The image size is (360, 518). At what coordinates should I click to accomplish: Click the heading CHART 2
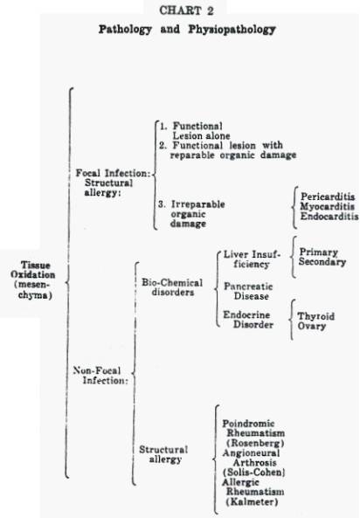point(186,10)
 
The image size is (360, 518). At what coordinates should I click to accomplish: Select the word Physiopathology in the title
point(232,30)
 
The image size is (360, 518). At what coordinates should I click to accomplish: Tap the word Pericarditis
point(328,197)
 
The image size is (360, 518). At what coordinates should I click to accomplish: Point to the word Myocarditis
point(328,207)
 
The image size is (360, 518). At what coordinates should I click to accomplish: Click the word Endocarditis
point(329,217)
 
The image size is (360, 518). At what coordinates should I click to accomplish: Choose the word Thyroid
point(316,316)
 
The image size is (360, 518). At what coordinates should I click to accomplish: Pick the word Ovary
point(312,326)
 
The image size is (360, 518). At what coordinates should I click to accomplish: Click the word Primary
point(319,252)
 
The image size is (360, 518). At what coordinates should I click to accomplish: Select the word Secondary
point(322,262)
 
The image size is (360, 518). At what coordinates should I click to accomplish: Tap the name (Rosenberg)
point(255,443)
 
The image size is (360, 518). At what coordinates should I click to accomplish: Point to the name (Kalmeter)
point(252,501)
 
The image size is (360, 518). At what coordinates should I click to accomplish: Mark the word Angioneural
point(251,452)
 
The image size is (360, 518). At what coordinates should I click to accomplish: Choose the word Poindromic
point(249,423)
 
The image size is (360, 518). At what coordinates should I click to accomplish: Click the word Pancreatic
point(248,287)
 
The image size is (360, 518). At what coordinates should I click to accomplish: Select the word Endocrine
point(246,314)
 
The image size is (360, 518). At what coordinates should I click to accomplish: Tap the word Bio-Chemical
point(172,283)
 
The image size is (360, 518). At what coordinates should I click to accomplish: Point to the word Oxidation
point(32,275)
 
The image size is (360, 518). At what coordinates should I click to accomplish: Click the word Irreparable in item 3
point(198,204)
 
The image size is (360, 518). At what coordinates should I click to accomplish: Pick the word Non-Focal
point(97,370)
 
